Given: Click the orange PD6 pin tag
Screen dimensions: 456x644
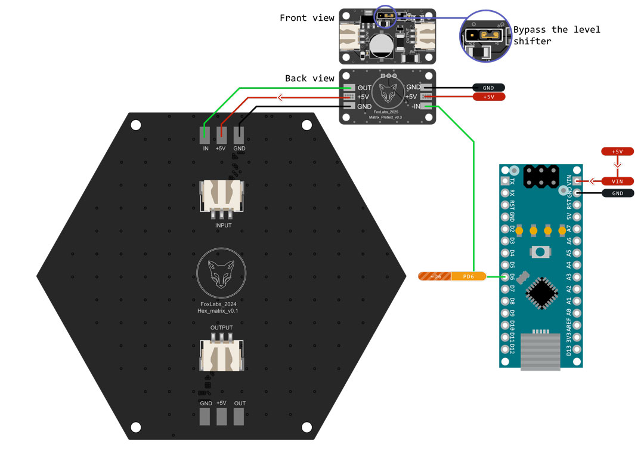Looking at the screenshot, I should click(468, 276).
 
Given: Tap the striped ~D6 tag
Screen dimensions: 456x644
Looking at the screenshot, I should click(434, 276).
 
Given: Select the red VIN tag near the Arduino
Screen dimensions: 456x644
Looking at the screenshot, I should click(617, 181).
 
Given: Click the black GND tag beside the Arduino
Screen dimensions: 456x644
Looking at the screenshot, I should click(618, 193).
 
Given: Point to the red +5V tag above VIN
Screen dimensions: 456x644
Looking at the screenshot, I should click(617, 152).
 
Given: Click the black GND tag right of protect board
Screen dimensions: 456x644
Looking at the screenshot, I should click(488, 88).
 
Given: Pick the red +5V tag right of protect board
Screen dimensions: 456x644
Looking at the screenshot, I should click(488, 97).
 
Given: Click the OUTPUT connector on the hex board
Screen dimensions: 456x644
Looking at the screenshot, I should click(221, 356).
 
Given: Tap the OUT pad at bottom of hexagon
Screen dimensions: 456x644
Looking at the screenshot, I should click(239, 416).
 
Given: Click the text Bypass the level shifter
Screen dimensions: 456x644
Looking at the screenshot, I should click(556, 35).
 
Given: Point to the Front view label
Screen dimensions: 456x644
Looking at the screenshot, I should click(307, 18).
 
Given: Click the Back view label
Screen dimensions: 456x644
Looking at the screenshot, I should click(309, 78).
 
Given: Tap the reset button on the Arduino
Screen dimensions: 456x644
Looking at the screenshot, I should click(541, 252).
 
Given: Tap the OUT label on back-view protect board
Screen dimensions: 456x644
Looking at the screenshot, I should click(364, 88).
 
